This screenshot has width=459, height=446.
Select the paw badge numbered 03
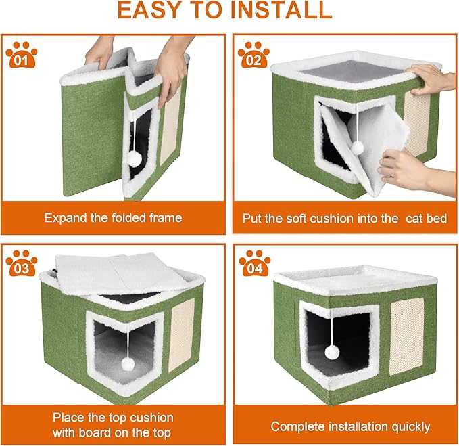coord(22,265)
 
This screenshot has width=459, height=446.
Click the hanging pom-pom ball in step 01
coord(134,158)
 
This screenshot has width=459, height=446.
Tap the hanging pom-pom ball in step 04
coord(331,352)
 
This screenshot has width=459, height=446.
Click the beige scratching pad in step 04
coord(407,336)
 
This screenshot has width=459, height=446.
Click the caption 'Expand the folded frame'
coord(113,218)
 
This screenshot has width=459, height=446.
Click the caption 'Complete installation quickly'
coord(350,426)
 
